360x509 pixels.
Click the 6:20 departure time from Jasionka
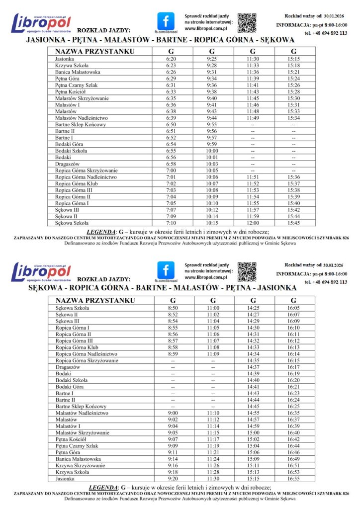click(x=171, y=59)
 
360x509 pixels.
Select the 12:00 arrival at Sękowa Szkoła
click(x=253, y=223)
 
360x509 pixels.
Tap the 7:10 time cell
click(x=171, y=223)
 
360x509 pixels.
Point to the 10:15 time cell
click(x=212, y=223)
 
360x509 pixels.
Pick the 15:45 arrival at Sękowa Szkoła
click(x=293, y=223)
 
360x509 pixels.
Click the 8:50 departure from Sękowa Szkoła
click(x=173, y=308)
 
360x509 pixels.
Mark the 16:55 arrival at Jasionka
click(x=293, y=479)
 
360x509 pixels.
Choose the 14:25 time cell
click(x=253, y=308)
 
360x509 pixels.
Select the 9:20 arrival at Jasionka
click(x=173, y=479)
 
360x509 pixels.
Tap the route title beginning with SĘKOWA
click(x=162, y=288)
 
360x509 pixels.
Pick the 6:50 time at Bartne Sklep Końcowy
click(x=171, y=124)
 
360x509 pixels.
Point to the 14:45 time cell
click(x=253, y=407)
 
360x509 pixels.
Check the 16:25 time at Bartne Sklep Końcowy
click(x=293, y=407)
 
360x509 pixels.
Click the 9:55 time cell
click(x=212, y=124)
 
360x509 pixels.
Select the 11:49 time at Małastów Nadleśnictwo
click(x=253, y=118)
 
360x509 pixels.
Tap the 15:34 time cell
click(x=293, y=118)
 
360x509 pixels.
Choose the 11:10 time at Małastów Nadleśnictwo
click(x=213, y=413)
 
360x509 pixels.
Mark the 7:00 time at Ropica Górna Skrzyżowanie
click(x=171, y=170)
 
